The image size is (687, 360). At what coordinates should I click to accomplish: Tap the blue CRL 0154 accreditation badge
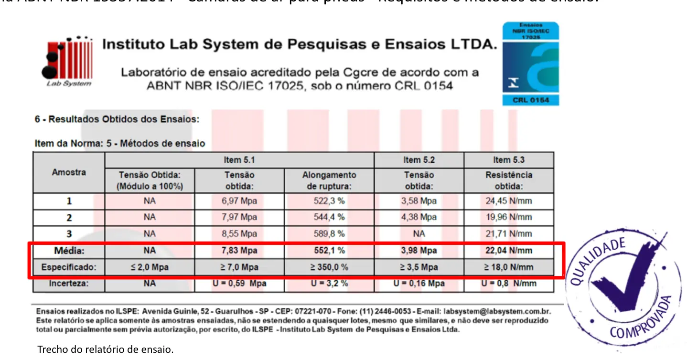[530, 64]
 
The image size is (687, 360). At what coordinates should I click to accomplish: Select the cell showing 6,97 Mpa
[239, 201]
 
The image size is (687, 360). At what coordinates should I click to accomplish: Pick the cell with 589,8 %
[329, 234]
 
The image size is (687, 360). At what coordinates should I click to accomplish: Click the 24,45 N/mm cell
[509, 201]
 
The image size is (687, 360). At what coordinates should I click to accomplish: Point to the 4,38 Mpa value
[419, 217]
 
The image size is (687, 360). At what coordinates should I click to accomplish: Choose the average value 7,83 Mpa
[239, 251]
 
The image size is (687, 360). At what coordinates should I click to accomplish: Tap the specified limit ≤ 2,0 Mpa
[150, 267]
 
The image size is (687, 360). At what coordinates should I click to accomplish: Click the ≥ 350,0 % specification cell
[329, 267]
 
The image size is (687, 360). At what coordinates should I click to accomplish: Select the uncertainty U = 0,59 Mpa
[239, 284]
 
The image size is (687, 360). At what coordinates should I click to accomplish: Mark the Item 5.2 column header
[419, 160]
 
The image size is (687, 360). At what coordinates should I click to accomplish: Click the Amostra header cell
[69, 172]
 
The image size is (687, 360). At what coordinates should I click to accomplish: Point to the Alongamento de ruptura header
[329, 180]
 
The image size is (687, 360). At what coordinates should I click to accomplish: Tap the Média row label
[69, 251]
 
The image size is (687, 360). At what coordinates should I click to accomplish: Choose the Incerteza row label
[69, 284]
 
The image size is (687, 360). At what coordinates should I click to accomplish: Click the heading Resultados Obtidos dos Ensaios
[117, 119]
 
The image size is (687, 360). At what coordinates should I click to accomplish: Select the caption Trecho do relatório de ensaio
[106, 349]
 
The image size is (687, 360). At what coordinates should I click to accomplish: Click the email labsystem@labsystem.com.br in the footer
[501, 311]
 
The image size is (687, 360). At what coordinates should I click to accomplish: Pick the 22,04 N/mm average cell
[509, 251]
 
